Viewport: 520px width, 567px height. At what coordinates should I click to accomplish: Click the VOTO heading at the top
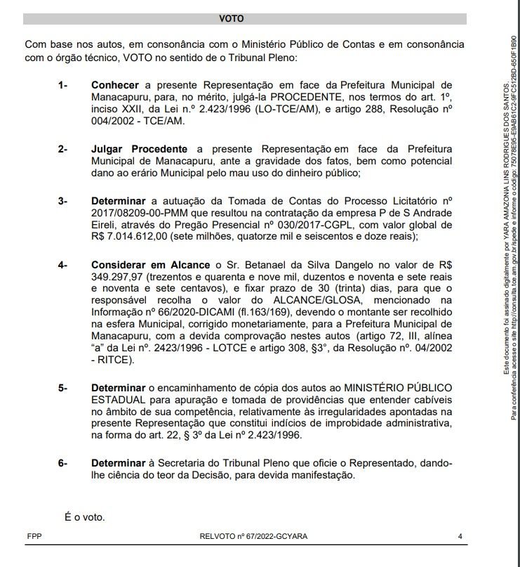point(231,19)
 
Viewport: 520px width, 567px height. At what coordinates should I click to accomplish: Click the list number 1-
point(63,85)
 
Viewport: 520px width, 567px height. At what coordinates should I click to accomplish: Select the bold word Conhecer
point(115,85)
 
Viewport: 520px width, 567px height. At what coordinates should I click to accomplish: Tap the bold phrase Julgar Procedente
point(139,149)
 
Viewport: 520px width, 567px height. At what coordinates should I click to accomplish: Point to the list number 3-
point(63,201)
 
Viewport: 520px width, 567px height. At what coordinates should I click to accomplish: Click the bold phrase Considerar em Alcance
point(150,265)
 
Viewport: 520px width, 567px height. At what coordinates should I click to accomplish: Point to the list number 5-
point(63,387)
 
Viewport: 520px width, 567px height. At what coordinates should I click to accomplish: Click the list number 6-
point(63,463)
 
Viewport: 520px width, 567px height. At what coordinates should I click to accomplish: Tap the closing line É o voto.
point(84,518)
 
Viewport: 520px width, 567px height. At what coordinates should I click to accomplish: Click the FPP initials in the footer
point(34,536)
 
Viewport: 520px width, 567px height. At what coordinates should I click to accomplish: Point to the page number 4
point(460,536)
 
